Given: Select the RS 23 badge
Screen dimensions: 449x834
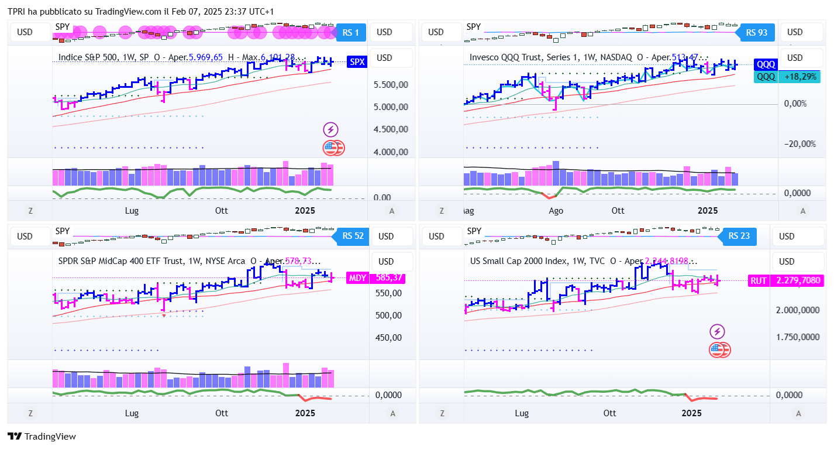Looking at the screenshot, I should [739, 237].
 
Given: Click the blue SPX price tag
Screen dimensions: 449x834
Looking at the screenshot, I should [356, 61].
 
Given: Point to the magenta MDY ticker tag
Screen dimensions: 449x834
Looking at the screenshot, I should [356, 278].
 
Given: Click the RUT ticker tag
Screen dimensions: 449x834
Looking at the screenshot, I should [759, 280].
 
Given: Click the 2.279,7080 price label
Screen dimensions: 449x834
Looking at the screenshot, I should [798, 280].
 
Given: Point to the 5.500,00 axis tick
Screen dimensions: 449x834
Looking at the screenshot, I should [391, 85].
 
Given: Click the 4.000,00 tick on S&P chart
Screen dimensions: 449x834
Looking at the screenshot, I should [391, 152].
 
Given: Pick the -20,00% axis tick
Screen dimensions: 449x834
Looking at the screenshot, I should [799, 144].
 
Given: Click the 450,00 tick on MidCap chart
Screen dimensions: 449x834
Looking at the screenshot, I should [388, 338].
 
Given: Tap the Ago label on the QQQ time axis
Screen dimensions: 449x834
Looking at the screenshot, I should [556, 210].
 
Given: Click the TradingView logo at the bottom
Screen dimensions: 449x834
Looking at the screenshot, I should [42, 437].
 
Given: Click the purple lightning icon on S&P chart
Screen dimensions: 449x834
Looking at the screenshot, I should [331, 130].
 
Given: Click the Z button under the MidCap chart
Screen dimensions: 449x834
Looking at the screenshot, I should [30, 413].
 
